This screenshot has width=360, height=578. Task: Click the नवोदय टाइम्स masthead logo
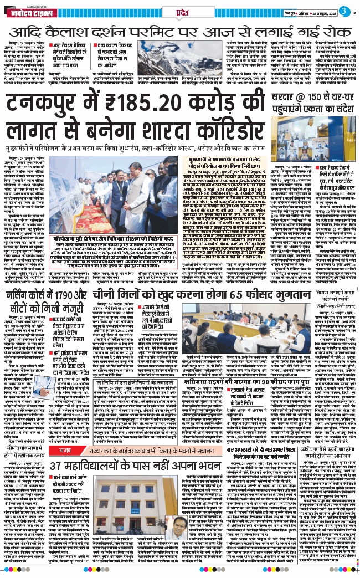30,10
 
